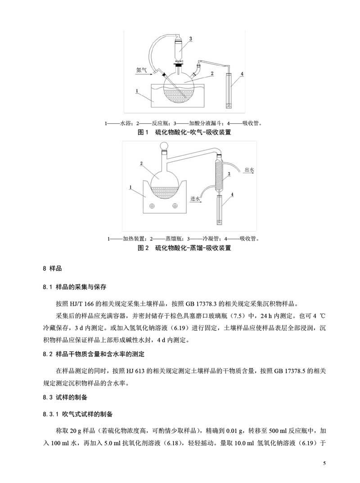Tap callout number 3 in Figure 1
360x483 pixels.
[190, 40]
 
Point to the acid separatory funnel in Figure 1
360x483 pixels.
[180, 50]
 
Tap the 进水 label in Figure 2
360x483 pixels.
[196, 198]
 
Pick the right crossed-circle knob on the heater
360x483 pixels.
[174, 206]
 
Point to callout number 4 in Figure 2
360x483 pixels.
[232, 195]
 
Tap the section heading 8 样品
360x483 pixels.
[52, 269]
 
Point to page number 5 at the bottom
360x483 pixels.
[324, 463]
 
